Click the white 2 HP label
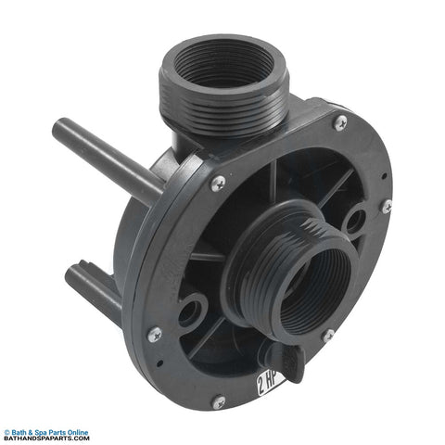pyautogui.click(x=270, y=383)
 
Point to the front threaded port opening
pyautogui.click(x=315, y=290)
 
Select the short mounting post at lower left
pyautogui.click(x=93, y=286)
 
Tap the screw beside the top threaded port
pyautogui.click(x=340, y=122)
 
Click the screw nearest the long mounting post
pyautogui.click(x=218, y=184)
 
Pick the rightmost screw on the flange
pyautogui.click(x=387, y=207)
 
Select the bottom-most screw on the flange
pyautogui.click(x=219, y=402)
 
